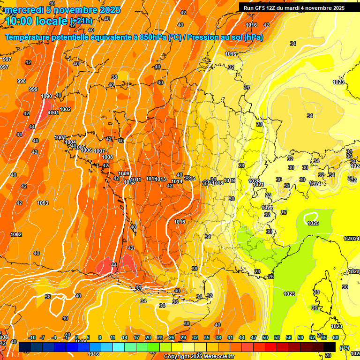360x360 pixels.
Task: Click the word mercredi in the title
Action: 22,10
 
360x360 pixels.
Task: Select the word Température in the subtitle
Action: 29,37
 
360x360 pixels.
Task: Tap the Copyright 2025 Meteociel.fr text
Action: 199,357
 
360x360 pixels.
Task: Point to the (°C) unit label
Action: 344,348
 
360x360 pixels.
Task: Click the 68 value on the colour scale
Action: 336,337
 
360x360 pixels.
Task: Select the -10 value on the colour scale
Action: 32,337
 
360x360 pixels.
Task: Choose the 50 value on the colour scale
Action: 265,337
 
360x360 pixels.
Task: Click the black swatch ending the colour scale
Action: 330,347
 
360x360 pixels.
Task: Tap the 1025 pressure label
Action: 313,223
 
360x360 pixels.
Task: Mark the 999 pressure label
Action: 33,89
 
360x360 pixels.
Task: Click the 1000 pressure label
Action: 46,96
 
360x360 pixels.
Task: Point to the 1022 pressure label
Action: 267,208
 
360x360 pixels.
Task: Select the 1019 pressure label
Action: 229,180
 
